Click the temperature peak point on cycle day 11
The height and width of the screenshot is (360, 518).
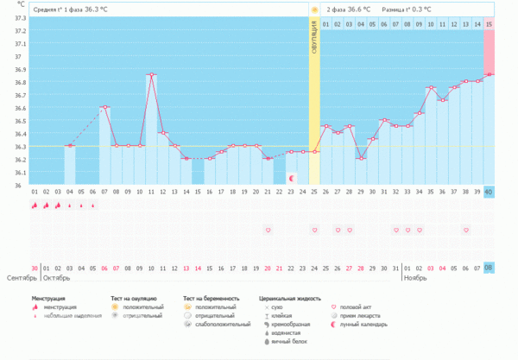(151, 75)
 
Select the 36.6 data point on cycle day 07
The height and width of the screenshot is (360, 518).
(104, 107)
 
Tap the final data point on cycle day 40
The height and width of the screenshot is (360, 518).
(489, 74)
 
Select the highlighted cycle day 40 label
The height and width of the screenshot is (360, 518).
(489, 192)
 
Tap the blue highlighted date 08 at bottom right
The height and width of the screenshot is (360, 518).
(489, 268)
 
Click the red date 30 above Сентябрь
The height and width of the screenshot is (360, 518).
(34, 268)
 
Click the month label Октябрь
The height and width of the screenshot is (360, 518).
(57, 279)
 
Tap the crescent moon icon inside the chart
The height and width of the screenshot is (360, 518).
(291, 178)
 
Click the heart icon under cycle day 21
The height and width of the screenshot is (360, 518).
(268, 231)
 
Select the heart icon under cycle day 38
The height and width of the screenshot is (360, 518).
(465, 231)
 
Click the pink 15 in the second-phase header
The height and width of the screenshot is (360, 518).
(489, 23)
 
